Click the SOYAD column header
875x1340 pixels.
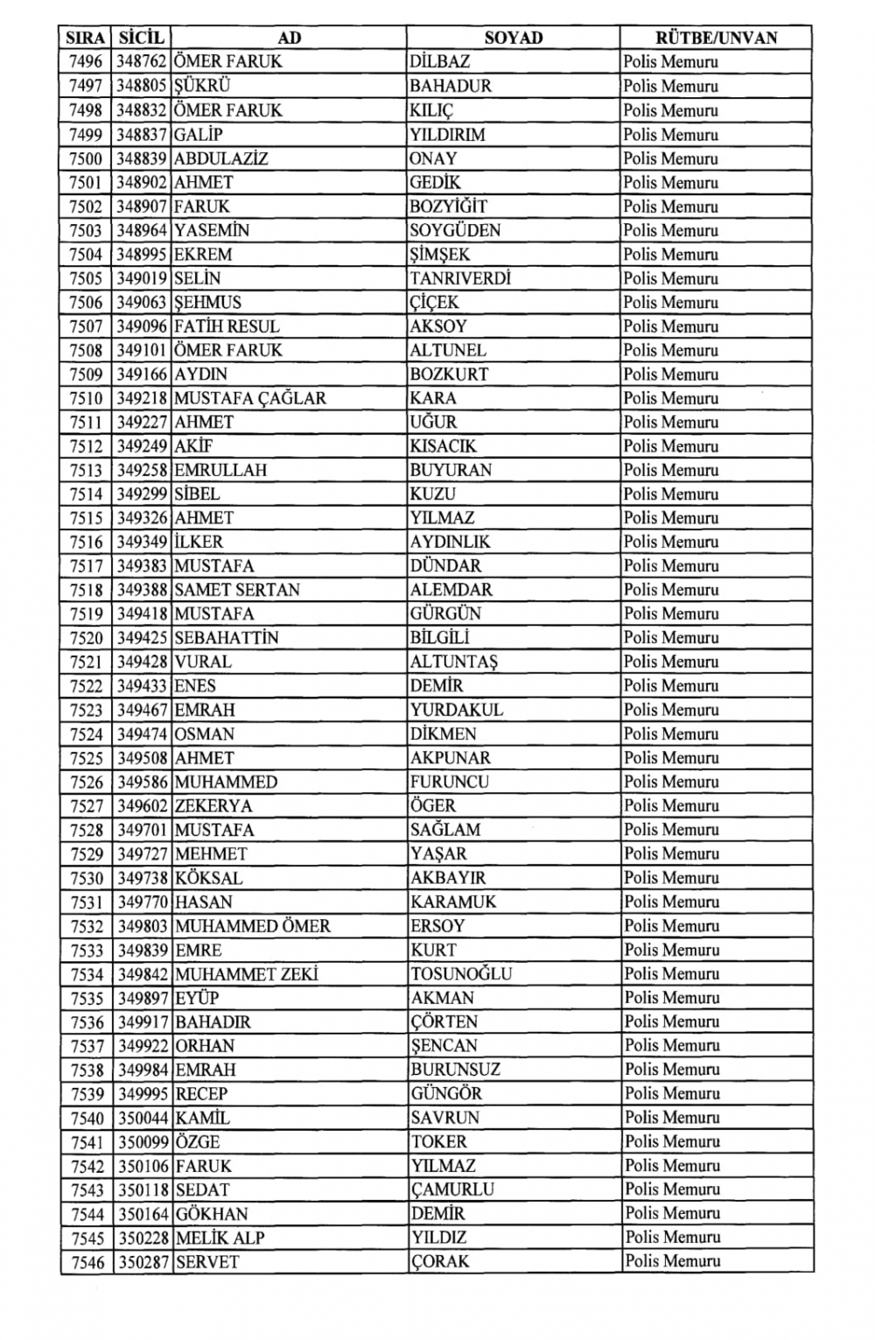click(x=514, y=38)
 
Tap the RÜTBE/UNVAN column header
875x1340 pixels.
click(x=716, y=38)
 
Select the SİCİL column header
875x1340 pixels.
click(x=141, y=38)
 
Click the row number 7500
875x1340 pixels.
click(x=86, y=158)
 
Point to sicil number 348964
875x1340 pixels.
click(x=142, y=230)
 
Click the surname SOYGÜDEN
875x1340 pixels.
click(x=455, y=230)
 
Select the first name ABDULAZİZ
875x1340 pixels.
click(x=221, y=158)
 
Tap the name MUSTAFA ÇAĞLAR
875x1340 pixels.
click(x=250, y=398)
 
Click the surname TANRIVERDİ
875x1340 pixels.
click(x=460, y=278)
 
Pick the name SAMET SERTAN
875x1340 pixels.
click(x=237, y=590)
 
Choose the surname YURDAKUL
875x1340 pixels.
click(x=457, y=710)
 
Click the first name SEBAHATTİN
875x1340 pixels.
click(x=227, y=638)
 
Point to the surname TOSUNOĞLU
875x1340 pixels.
click(x=461, y=973)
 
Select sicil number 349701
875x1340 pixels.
click(x=143, y=830)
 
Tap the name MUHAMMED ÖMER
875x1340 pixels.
click(x=253, y=926)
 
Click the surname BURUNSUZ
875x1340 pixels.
click(x=454, y=1070)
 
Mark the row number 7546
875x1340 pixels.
click(x=87, y=1262)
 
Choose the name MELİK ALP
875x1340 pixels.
click(x=220, y=1238)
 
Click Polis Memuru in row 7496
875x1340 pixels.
click(x=671, y=62)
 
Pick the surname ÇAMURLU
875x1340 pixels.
click(x=452, y=1189)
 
